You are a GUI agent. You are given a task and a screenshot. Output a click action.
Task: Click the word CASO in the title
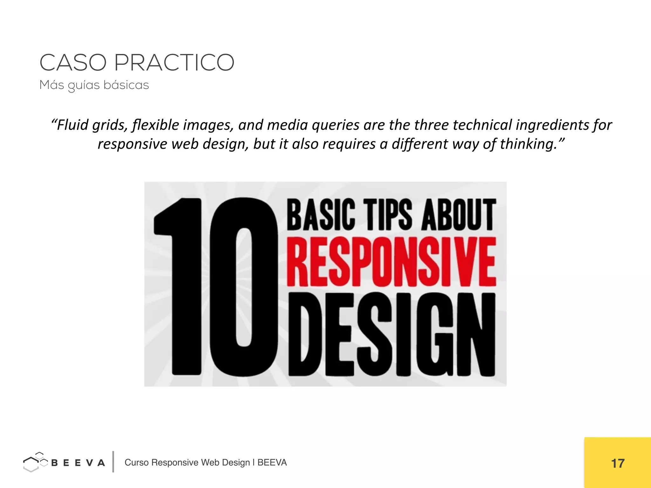click(x=73, y=63)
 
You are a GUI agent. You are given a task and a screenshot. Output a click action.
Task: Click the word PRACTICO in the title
click(x=174, y=63)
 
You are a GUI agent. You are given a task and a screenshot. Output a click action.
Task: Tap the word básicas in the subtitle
click(x=126, y=85)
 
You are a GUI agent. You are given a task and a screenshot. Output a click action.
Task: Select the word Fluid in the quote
click(x=72, y=125)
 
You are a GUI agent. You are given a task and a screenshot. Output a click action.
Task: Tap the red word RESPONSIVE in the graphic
click(x=391, y=262)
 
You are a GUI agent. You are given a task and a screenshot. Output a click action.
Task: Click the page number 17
click(x=618, y=464)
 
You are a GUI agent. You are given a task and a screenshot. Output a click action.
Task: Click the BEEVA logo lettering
click(x=78, y=463)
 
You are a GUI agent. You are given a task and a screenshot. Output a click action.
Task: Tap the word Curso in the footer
click(x=136, y=463)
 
